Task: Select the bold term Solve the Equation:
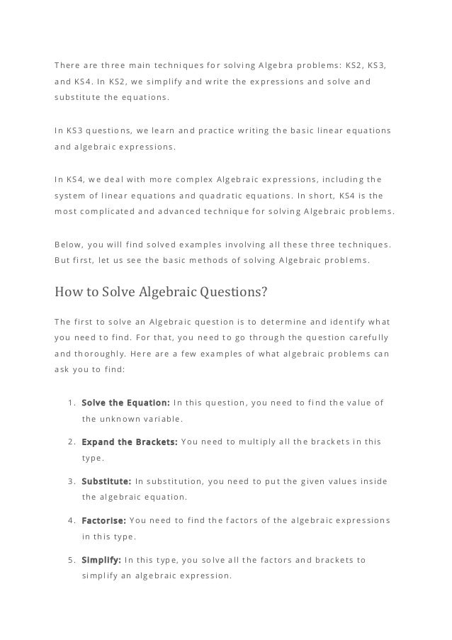point(125,403)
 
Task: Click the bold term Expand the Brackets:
point(129,442)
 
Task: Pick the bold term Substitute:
point(106,481)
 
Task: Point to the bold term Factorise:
point(103,521)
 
